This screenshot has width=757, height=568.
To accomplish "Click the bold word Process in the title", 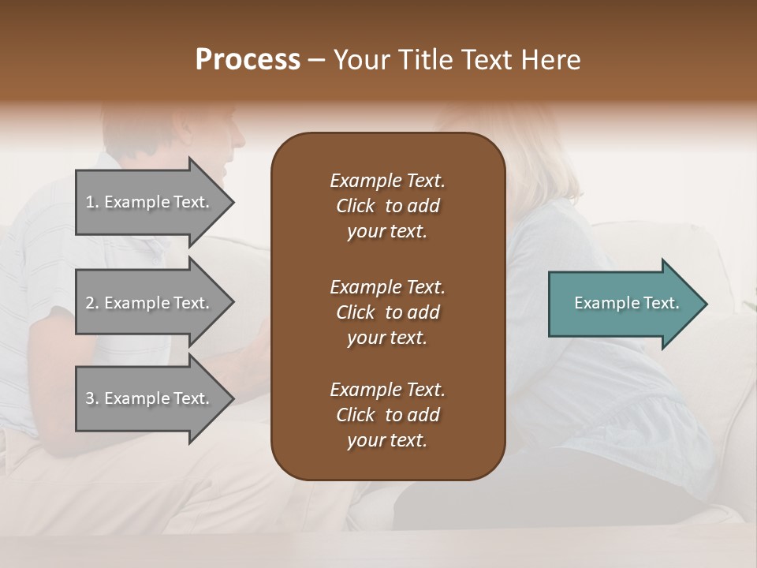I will coord(248,60).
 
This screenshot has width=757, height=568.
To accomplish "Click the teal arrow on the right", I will coord(623,304).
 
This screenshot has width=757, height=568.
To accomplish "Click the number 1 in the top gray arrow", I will coord(90,203).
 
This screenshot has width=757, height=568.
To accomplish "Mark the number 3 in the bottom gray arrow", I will coord(90,399).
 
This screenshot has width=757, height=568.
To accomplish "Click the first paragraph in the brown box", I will coord(387,206).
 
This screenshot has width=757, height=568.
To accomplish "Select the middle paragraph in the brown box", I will coord(387,312).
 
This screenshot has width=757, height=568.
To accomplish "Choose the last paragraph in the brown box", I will coord(387,415).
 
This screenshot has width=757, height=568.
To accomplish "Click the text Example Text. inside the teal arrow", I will coord(626,303).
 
